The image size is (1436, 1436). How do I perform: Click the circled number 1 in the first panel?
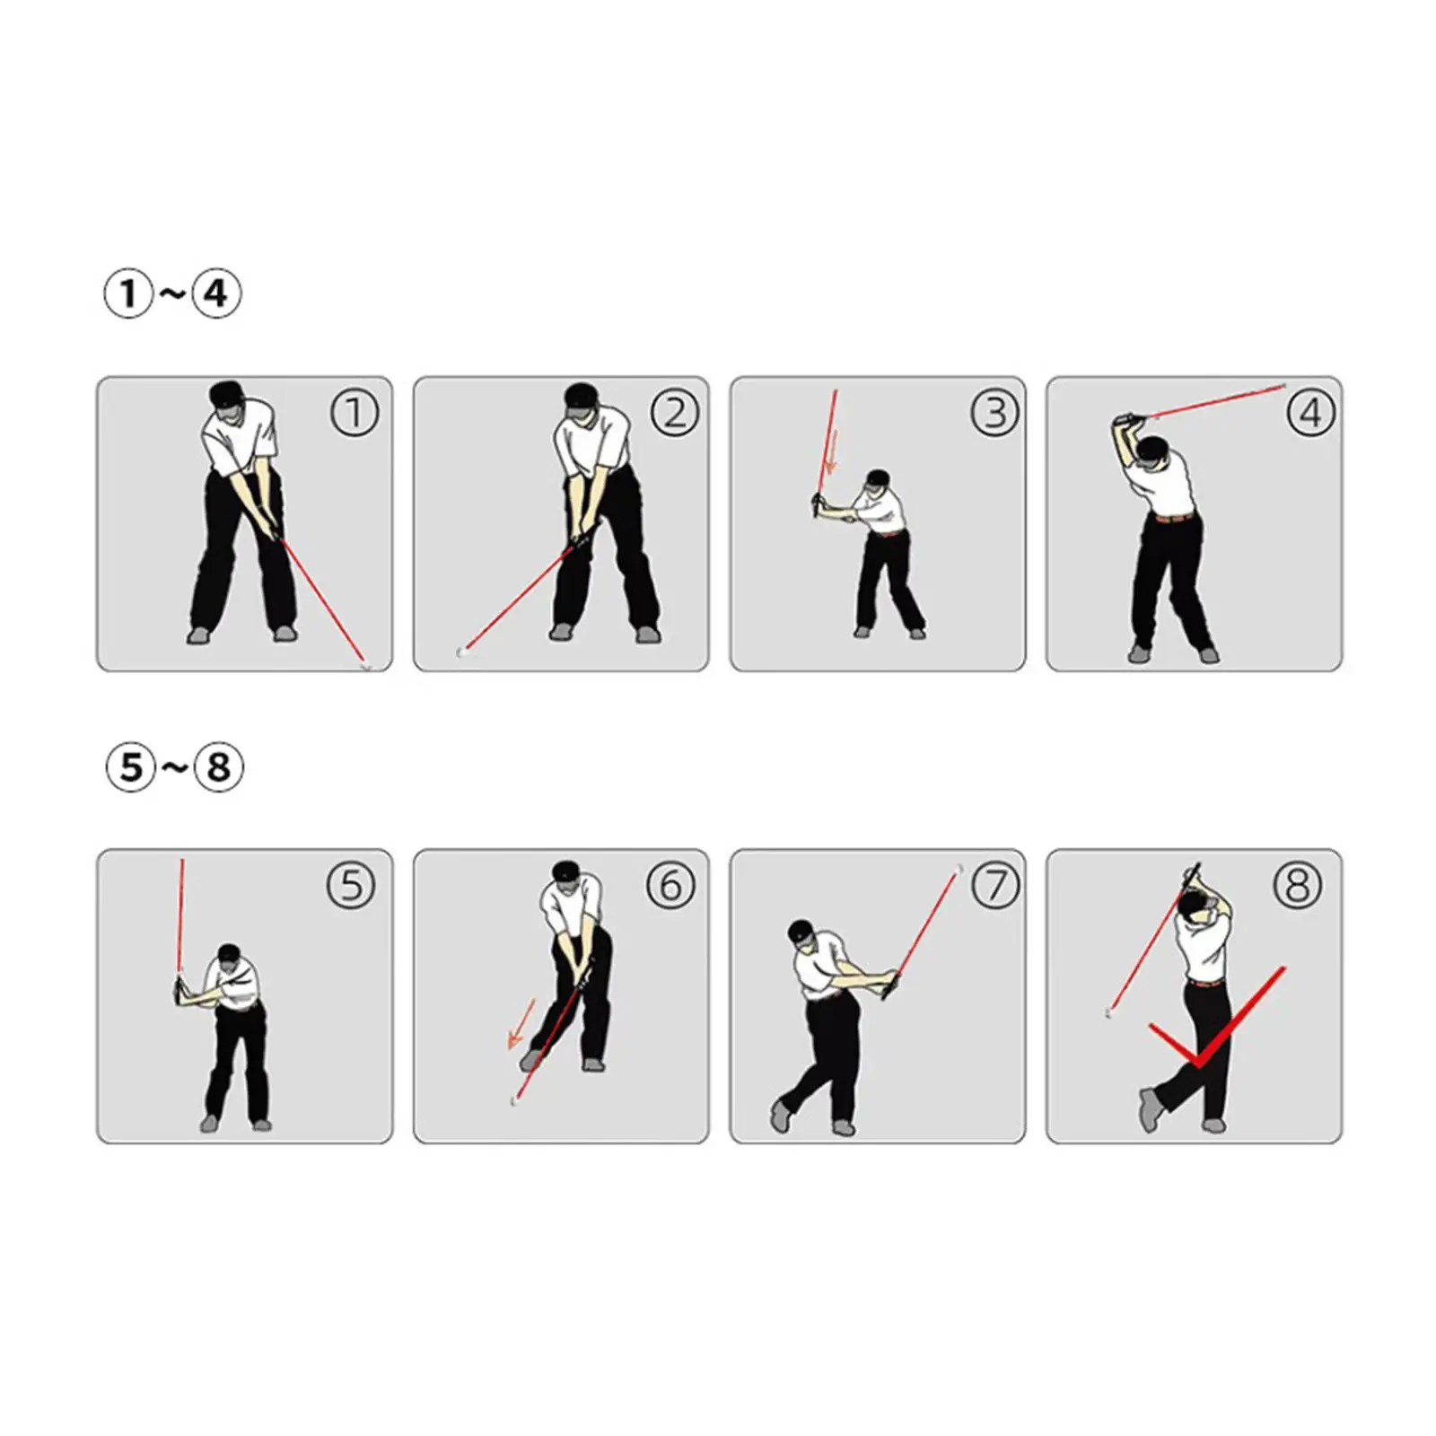[x=355, y=413]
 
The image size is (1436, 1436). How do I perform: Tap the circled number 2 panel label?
[x=674, y=413]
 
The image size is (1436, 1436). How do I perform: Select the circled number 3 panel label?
[x=994, y=413]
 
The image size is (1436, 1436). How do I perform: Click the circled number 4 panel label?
[x=1310, y=413]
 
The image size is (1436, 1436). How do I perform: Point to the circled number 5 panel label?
[x=351, y=886]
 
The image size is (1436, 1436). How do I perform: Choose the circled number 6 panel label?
[x=670, y=886]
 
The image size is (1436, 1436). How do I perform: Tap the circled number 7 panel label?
[x=995, y=886]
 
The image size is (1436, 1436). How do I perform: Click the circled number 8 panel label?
[x=1297, y=886]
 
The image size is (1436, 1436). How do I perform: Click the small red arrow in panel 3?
[x=830, y=453]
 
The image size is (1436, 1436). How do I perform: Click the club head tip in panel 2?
[x=462, y=652]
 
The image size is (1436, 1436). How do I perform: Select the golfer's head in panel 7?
[x=801, y=935]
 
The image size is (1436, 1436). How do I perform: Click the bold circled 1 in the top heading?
[x=128, y=293]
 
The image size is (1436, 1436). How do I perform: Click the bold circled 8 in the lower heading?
[x=219, y=767]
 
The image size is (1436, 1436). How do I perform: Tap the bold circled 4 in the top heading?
[x=216, y=293]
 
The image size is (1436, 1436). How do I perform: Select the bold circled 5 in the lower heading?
[x=131, y=767]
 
